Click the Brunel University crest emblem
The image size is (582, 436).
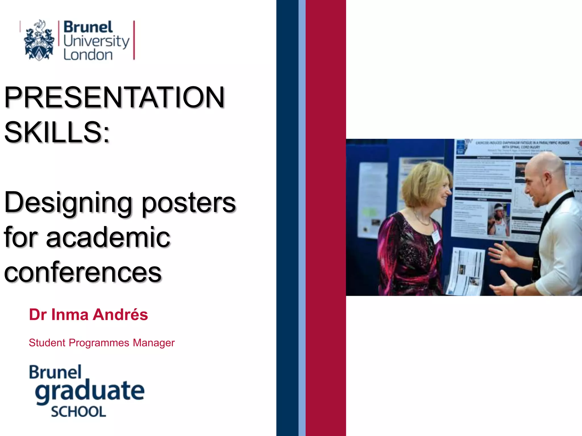[39, 40]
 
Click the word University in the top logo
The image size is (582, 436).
[96, 41]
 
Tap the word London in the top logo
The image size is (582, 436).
[88, 55]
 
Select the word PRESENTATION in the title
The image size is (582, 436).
[115, 97]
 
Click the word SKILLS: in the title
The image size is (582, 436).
[57, 132]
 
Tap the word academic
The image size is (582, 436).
[108, 237]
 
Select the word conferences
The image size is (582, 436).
[83, 272]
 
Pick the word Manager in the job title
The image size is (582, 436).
[153, 343]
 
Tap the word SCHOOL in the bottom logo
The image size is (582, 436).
[78, 412]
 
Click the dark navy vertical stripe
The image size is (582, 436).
[287, 218]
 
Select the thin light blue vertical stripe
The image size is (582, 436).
[302, 218]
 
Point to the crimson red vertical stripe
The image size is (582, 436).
[325, 218]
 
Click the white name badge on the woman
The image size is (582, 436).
[436, 236]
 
